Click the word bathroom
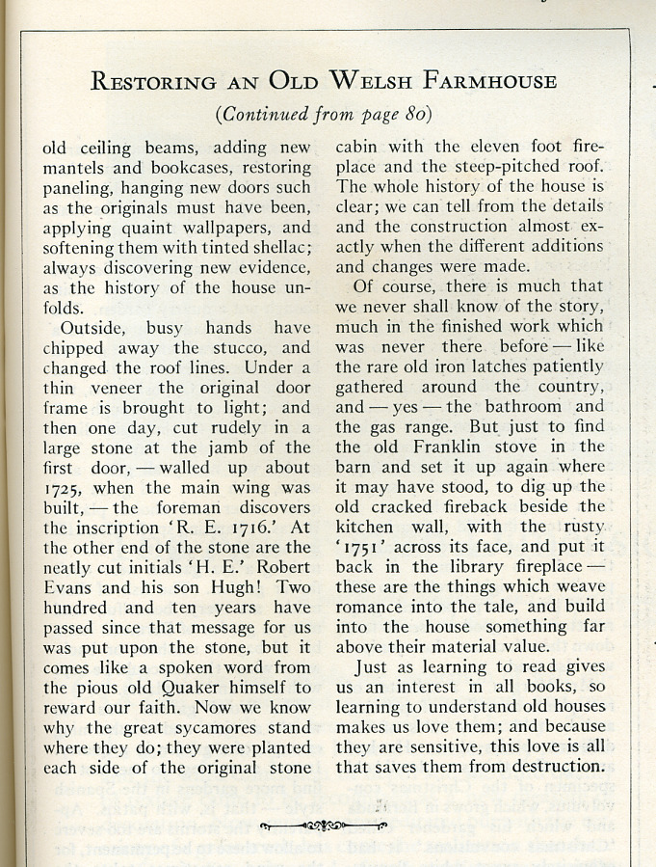tap(523, 407)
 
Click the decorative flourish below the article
tap(324, 826)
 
